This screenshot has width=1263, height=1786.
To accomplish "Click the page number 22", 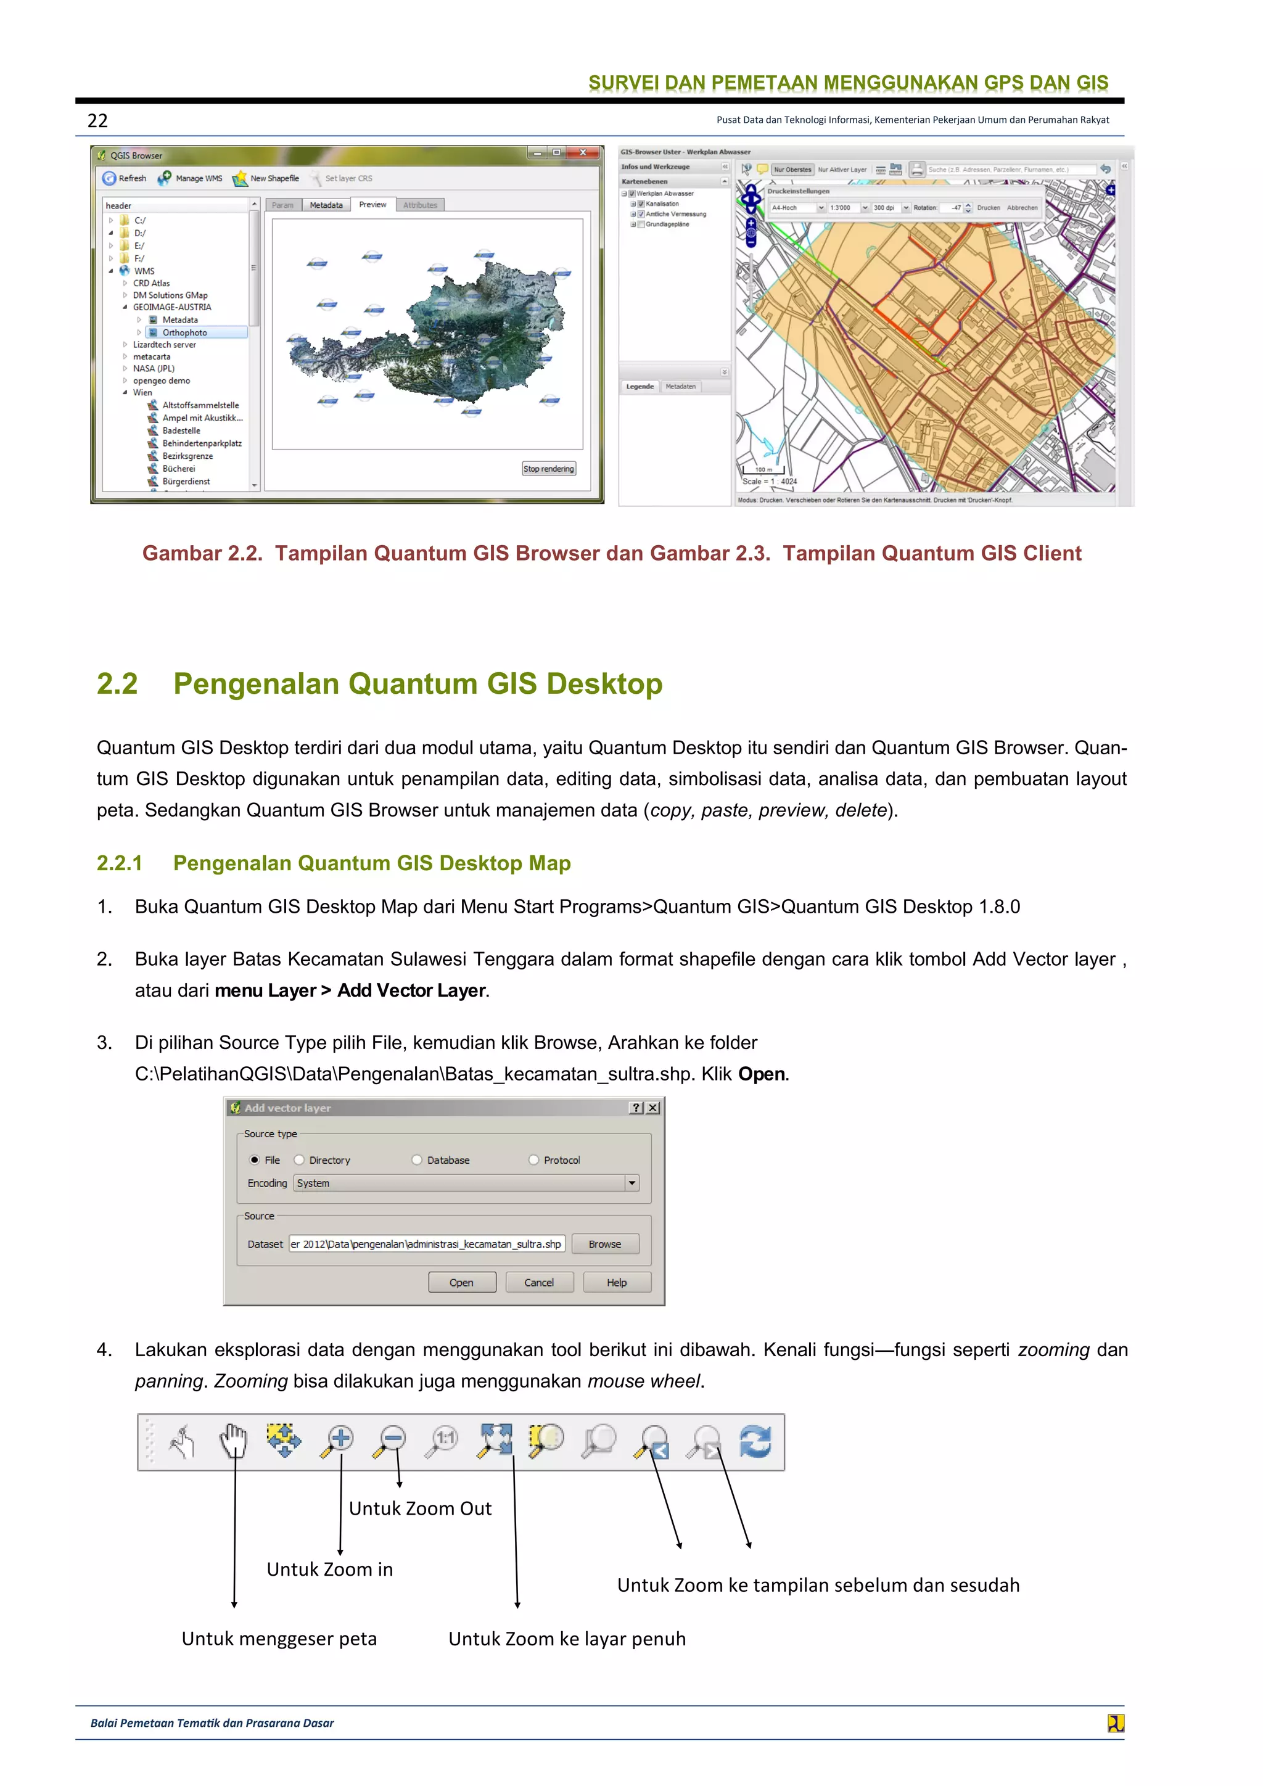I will tap(97, 121).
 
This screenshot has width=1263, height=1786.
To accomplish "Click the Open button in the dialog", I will tap(461, 1283).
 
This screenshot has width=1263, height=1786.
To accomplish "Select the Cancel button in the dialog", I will tap(539, 1283).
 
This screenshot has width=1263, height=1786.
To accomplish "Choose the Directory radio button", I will tap(300, 1160).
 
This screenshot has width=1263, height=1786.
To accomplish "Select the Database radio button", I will tap(417, 1160).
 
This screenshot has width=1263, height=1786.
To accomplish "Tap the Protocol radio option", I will tap(533, 1160).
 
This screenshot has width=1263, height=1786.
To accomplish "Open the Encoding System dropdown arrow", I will tap(631, 1183).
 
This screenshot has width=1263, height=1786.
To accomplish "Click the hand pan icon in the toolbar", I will tap(232, 1441).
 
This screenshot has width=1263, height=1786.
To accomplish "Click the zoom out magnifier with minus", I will tap(390, 1441).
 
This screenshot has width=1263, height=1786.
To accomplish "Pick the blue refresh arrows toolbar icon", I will tap(755, 1441).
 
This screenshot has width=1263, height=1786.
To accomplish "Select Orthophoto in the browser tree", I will tap(184, 333).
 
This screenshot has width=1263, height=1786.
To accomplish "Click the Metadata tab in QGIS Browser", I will tap(326, 205).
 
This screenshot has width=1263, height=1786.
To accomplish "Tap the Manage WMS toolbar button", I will tap(191, 178).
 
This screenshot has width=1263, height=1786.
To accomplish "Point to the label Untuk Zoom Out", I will tap(420, 1509).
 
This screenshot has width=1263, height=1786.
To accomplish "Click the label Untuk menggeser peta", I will tap(279, 1639).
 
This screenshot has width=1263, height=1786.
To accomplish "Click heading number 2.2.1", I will tap(120, 863).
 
